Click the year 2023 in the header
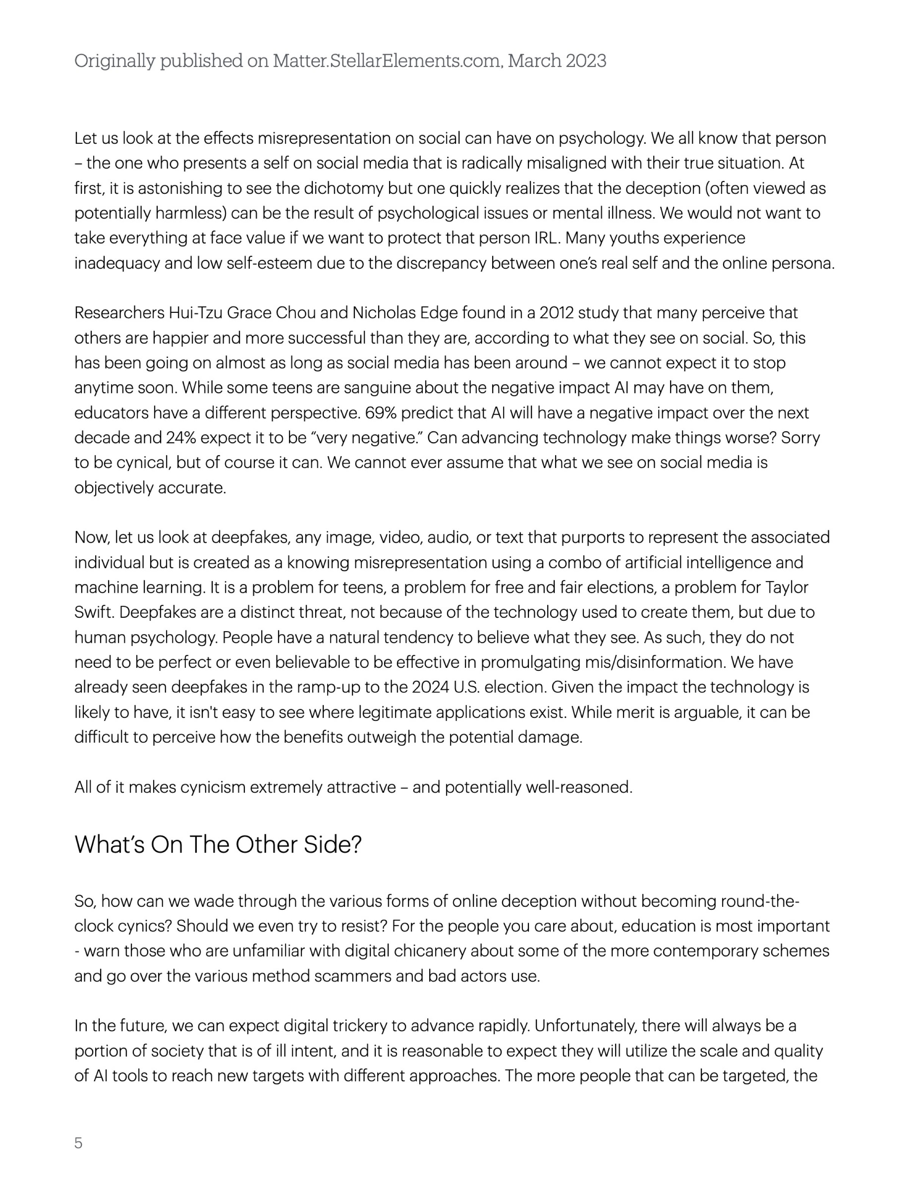585,61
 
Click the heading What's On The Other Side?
218,845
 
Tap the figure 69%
381,413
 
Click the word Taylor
787,587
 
